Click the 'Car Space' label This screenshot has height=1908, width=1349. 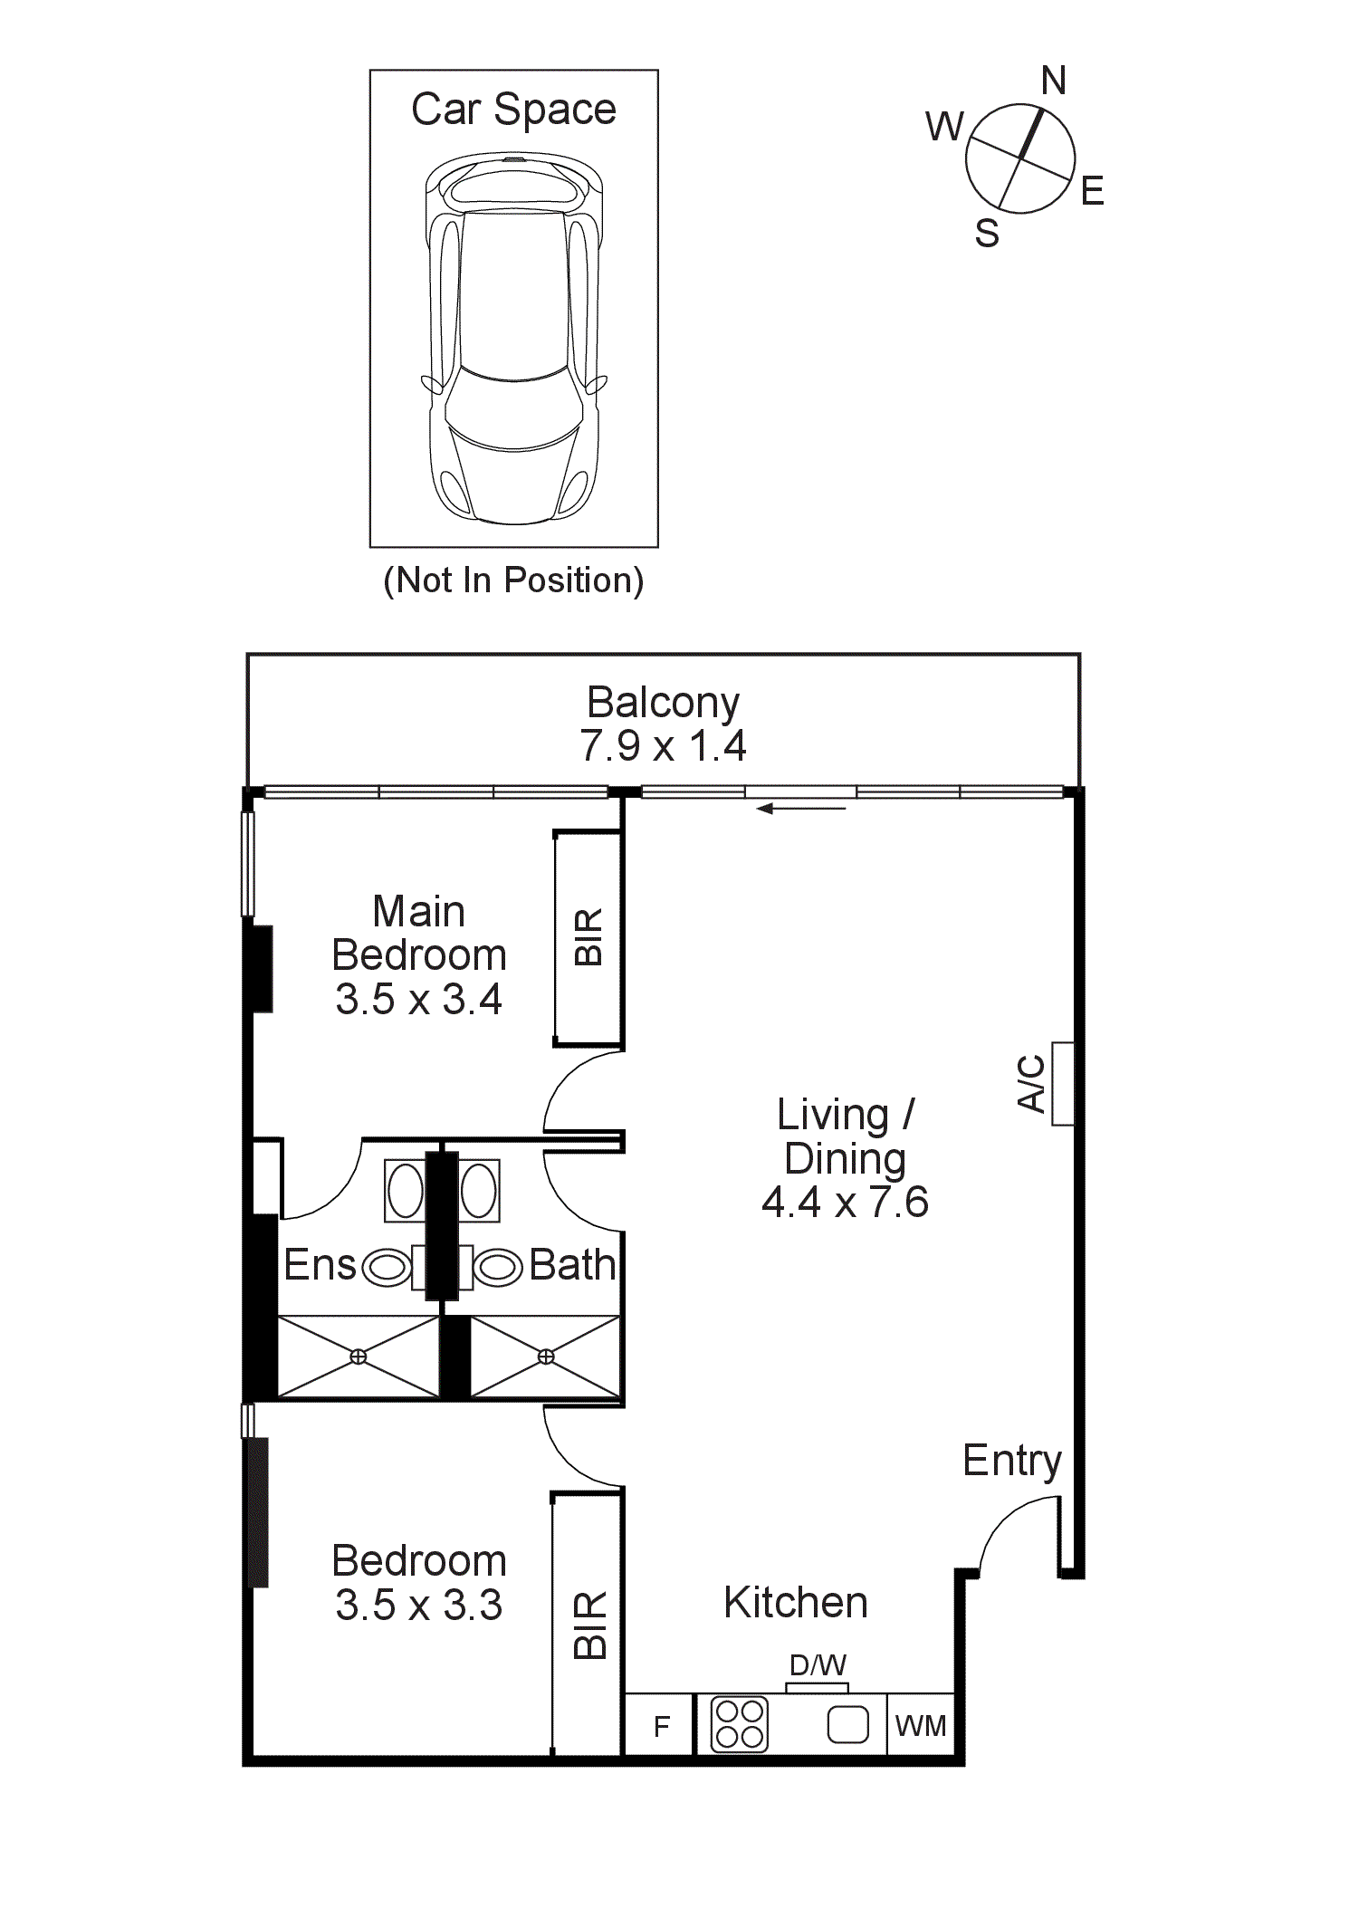click(x=513, y=110)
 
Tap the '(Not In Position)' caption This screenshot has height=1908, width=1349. click(x=513, y=580)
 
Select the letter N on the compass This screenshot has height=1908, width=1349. click(x=1053, y=81)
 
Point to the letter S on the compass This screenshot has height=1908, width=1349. click(x=987, y=234)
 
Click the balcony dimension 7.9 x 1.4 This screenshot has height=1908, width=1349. click(x=663, y=746)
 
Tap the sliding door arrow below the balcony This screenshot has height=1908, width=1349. click(x=800, y=809)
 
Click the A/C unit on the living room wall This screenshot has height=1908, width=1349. click(x=1062, y=1084)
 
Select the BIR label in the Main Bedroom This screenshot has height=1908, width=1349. click(x=588, y=937)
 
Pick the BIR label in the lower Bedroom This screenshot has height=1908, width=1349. click(x=588, y=1625)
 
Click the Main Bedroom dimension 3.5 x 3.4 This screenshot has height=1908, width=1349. click(x=418, y=1000)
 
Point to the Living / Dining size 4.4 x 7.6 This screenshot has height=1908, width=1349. click(x=845, y=1203)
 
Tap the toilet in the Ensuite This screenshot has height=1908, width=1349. click(x=387, y=1267)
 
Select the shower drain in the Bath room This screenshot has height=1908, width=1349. click(x=546, y=1356)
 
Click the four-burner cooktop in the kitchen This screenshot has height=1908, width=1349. click(x=740, y=1724)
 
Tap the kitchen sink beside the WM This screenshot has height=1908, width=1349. click(x=847, y=1724)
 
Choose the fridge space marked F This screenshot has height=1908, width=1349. click(x=662, y=1727)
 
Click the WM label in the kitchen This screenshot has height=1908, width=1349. click(x=921, y=1727)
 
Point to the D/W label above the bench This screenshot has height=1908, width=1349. click(x=818, y=1665)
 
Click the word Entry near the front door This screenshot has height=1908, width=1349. click(x=1011, y=1461)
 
